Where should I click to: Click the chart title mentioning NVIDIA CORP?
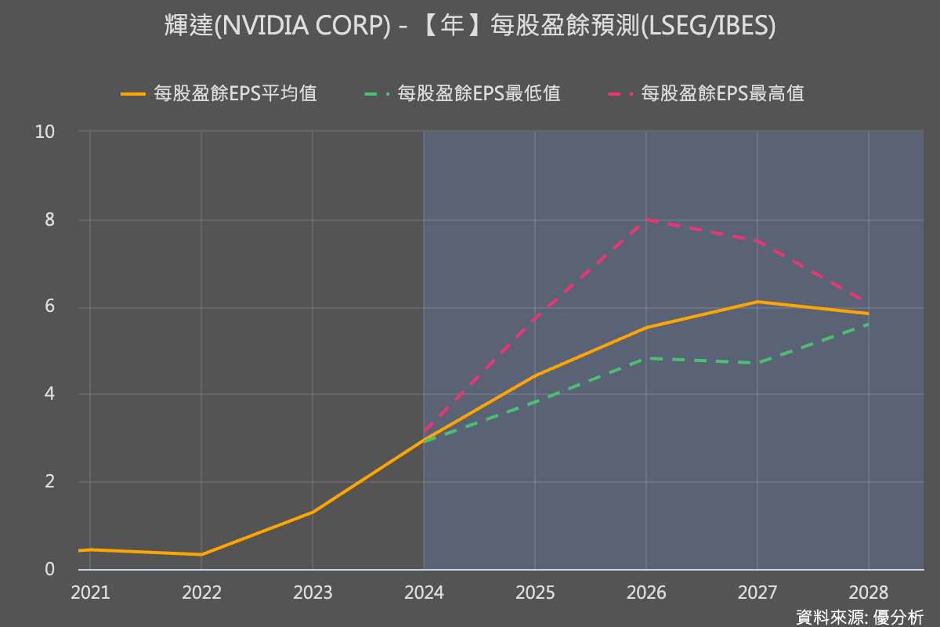pyautogui.click(x=470, y=26)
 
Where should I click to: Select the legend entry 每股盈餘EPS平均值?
pyautogui.click(x=219, y=94)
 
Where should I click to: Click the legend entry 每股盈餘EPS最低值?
pyautogui.click(x=463, y=94)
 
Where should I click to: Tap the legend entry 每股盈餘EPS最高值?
pyautogui.click(x=706, y=94)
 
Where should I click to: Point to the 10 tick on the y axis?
pyautogui.click(x=45, y=132)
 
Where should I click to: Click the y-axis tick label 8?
pyautogui.click(x=49, y=219)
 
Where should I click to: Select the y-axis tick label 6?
pyautogui.click(x=49, y=307)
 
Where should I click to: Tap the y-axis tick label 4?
pyautogui.click(x=49, y=394)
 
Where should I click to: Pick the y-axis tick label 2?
pyautogui.click(x=49, y=482)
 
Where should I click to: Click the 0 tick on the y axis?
pyautogui.click(x=49, y=569)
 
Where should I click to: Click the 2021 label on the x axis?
pyautogui.click(x=90, y=593)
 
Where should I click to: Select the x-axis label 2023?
pyautogui.click(x=313, y=593)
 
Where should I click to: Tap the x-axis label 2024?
pyautogui.click(x=424, y=593)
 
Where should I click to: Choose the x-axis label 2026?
pyautogui.click(x=646, y=593)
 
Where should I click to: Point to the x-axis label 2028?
pyautogui.click(x=868, y=593)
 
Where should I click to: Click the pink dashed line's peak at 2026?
pyautogui.click(x=646, y=220)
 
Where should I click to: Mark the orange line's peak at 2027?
pyautogui.click(x=757, y=302)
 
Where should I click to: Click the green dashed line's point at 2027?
pyautogui.click(x=757, y=363)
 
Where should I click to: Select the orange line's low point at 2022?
pyautogui.click(x=201, y=554)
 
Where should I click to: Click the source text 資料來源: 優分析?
pyautogui.click(x=859, y=617)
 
